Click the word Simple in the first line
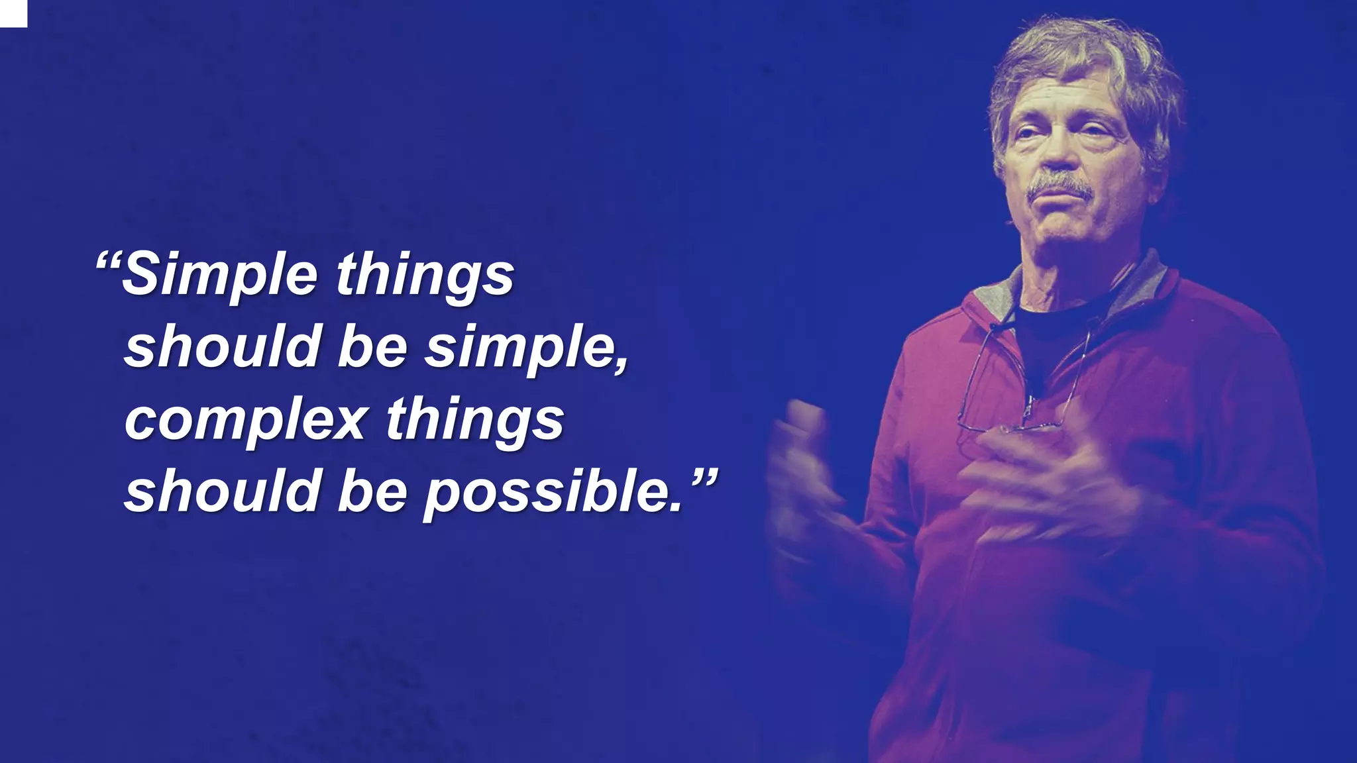point(219,276)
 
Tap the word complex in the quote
point(246,420)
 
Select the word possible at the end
point(553,493)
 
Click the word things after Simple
point(425,276)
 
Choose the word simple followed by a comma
point(524,348)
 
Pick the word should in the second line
point(223,347)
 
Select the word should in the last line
point(223,491)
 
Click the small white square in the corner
point(13,13)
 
